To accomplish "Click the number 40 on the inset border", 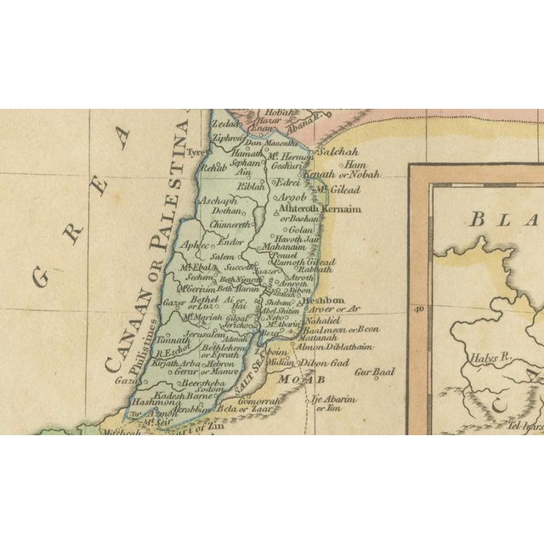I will pos(417,309).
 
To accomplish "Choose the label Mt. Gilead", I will pos(334,189).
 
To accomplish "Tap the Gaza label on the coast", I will pos(126,382).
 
